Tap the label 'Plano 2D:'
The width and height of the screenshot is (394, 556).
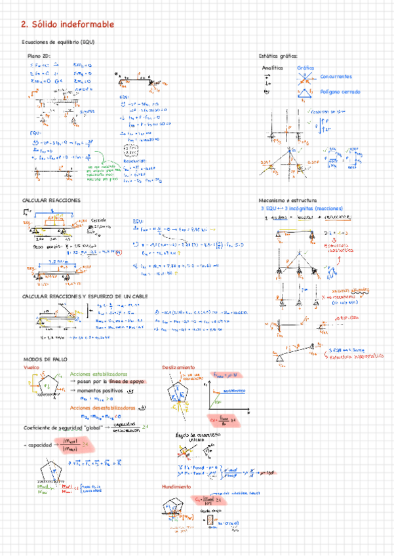pyautogui.click(x=39, y=56)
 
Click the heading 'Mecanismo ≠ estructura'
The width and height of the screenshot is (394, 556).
pyautogui.click(x=288, y=199)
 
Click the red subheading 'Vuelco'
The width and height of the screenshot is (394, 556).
pyautogui.click(x=31, y=368)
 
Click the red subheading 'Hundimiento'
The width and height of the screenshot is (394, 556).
pyautogui.click(x=176, y=486)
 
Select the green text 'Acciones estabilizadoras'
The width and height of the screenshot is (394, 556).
pyautogui.click(x=98, y=373)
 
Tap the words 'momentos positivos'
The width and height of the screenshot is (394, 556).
pyautogui.click(x=100, y=390)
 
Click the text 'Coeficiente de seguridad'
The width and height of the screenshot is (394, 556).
pyautogui.click(x=51, y=427)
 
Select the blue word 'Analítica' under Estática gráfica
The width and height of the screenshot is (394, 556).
pyautogui.click(x=272, y=68)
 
